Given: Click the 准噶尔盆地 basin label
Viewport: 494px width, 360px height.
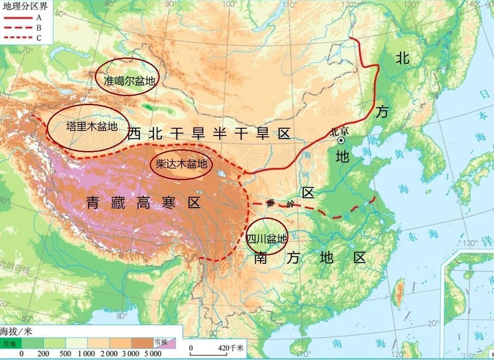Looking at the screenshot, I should pyautogui.click(x=129, y=80).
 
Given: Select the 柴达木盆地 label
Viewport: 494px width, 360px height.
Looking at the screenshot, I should pyautogui.click(x=181, y=164).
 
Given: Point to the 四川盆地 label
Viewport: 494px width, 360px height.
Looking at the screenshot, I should pyautogui.click(x=266, y=238).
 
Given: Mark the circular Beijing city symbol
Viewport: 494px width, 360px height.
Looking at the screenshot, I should pyautogui.click(x=341, y=140).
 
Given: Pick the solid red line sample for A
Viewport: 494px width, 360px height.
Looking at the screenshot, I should pyautogui.click(x=18, y=18).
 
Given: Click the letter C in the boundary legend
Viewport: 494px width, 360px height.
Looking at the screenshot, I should pyautogui.click(x=39, y=38).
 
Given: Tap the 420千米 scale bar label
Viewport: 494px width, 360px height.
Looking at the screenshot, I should pyautogui.click(x=231, y=347).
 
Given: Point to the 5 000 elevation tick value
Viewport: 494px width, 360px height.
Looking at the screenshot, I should pyautogui.click(x=153, y=354).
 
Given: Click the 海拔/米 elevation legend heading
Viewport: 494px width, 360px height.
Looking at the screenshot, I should pyautogui.click(x=16, y=332).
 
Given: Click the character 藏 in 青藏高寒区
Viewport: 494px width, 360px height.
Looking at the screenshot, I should pyautogui.click(x=117, y=202).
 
